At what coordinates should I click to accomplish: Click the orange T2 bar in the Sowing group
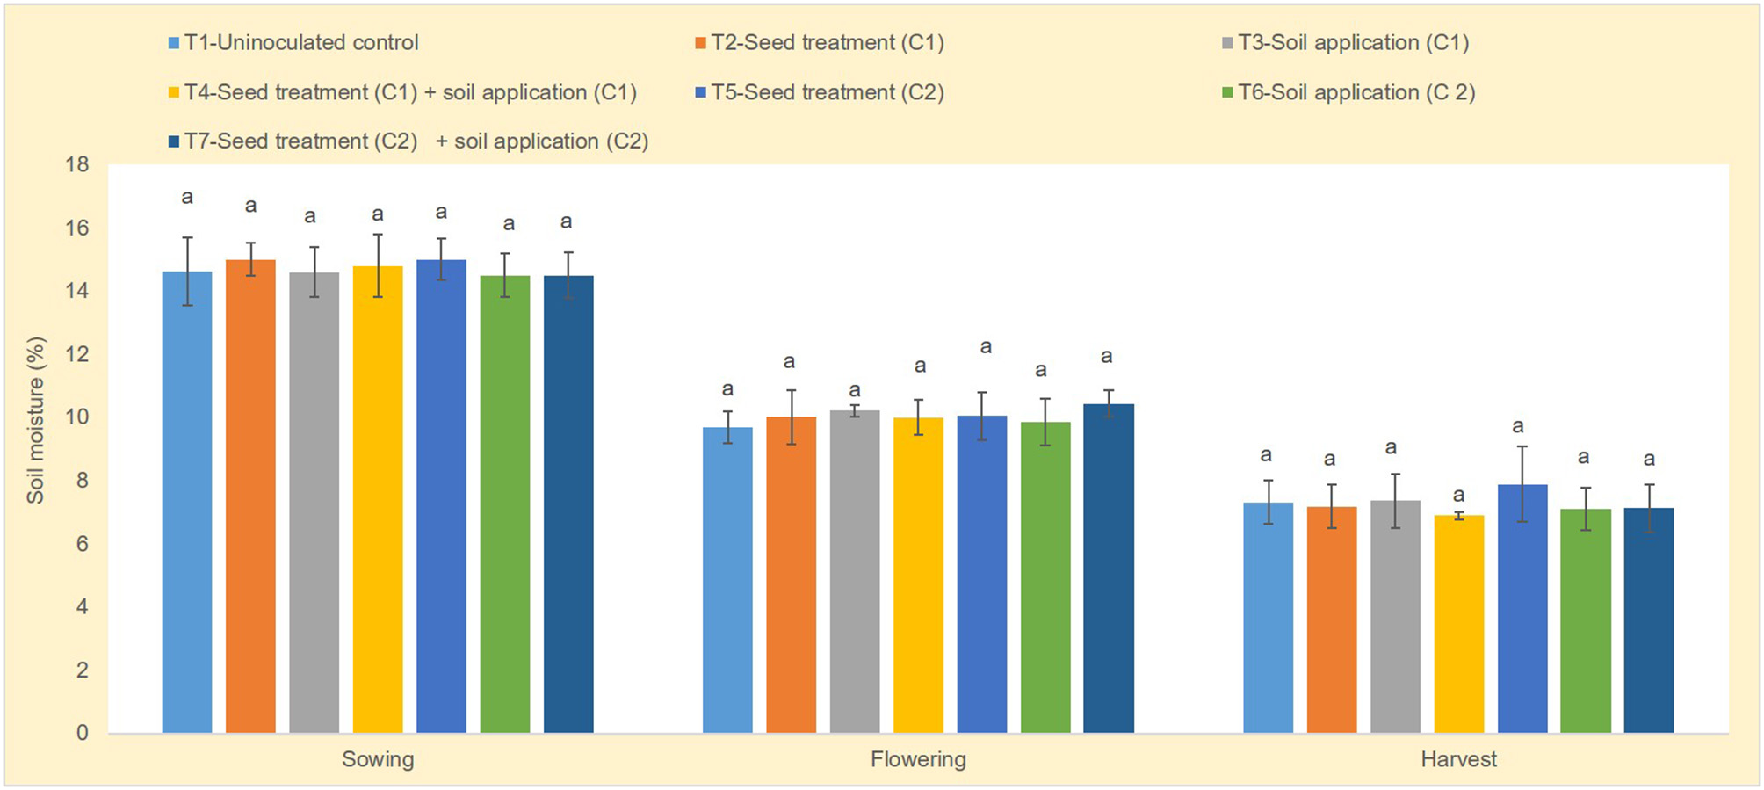pos(250,496)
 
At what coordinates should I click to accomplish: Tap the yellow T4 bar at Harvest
pos(1458,624)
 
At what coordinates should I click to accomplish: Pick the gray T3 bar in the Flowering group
pos(855,571)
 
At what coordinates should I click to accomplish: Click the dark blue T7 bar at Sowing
pos(568,504)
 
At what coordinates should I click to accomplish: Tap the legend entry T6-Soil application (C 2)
pos(1356,92)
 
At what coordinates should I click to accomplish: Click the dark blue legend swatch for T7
pos(174,141)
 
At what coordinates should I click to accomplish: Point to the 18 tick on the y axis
pos(77,164)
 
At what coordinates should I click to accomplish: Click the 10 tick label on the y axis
pos(77,417)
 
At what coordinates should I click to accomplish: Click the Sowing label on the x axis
pos(378,759)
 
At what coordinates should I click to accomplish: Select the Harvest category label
pos(1458,759)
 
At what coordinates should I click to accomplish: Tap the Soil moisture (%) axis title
pos(35,420)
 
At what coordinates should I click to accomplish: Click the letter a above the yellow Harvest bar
pos(1458,496)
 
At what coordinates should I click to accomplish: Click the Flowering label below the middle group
pos(918,759)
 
